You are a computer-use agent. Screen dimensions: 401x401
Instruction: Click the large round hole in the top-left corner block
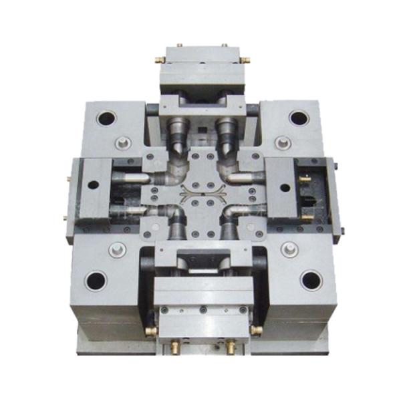click(106, 119)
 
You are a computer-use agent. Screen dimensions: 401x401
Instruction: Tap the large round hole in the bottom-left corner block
click(96, 279)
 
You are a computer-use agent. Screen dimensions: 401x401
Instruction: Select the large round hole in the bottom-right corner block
click(311, 279)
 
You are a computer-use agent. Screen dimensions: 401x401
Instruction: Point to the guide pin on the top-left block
click(122, 142)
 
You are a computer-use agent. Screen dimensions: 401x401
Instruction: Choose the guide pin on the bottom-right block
click(290, 249)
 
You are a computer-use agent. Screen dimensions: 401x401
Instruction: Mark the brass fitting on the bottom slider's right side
click(255, 329)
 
